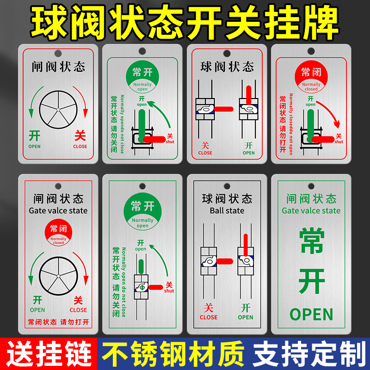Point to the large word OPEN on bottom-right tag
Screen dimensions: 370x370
[311, 314]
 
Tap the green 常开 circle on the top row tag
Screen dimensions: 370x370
[142, 77]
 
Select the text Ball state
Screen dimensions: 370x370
[227, 210]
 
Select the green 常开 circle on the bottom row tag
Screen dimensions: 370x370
[142, 212]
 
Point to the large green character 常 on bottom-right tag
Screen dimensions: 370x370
[311, 242]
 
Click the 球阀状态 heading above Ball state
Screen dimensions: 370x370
[227, 199]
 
